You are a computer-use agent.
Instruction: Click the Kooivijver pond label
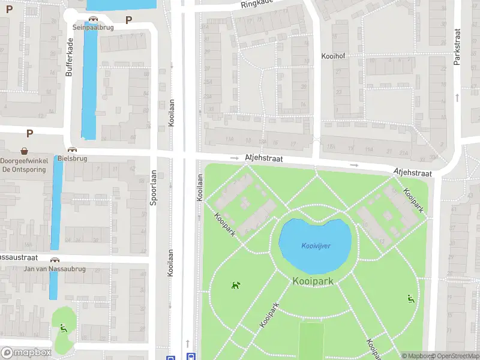coord(316,246)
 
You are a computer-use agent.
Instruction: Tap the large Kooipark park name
coord(313,281)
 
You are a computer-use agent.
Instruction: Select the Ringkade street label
coord(257,4)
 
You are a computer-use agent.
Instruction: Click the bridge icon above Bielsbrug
coord(73,150)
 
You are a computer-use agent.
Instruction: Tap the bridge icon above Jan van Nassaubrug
coord(55,260)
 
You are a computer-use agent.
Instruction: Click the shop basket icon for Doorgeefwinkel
coord(25,151)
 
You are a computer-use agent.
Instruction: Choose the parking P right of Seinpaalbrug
coord(128,20)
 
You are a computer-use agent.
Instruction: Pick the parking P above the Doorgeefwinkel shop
coord(29,133)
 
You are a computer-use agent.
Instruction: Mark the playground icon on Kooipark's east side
coord(410,299)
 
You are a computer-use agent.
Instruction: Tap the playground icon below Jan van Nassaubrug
coord(64,328)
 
